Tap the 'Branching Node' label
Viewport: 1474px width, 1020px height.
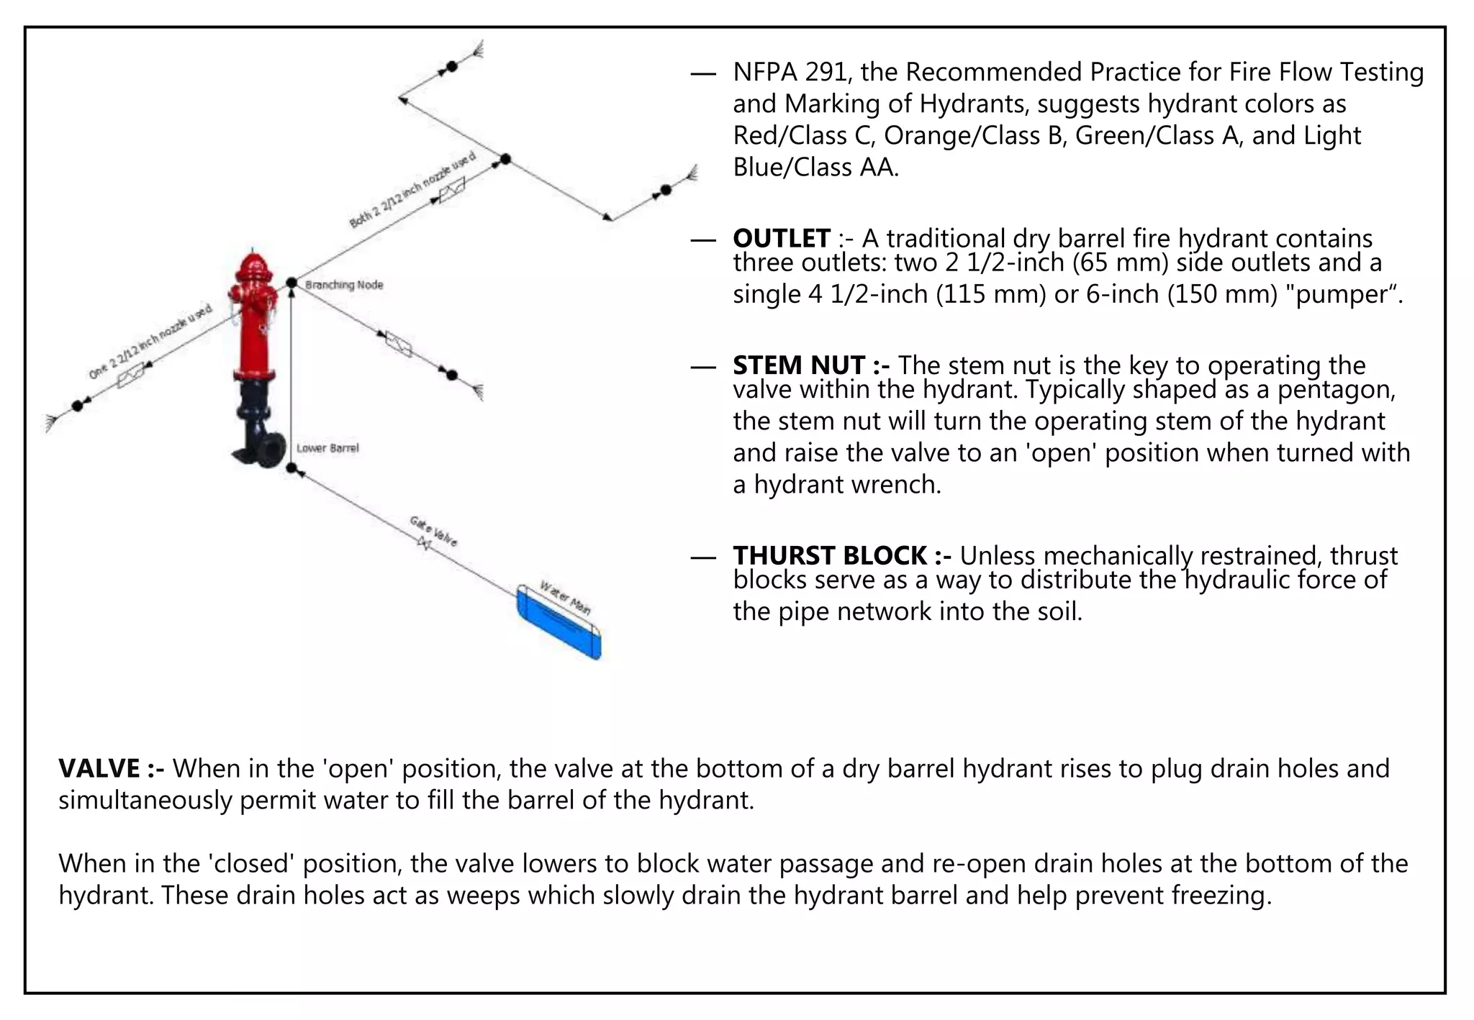[x=344, y=285]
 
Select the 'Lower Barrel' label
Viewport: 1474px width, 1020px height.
[x=327, y=448]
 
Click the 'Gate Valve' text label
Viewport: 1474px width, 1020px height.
[x=433, y=530]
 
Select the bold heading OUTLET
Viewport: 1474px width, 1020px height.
[x=782, y=238]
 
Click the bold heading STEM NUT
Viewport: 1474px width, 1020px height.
[x=810, y=365]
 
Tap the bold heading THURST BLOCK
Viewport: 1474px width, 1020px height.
[x=841, y=556]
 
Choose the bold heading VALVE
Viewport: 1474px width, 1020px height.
[x=110, y=769]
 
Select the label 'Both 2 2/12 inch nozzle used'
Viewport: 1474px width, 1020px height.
[x=412, y=191]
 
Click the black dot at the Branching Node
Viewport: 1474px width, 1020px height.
[x=291, y=283]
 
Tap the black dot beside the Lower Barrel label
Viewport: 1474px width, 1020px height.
[x=291, y=468]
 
